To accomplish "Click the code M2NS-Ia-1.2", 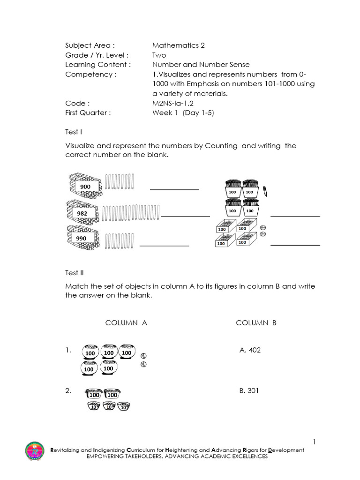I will pos(173,103).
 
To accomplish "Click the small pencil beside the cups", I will pos(265,191).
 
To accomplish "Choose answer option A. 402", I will pos(249,350).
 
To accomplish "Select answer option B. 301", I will pos(249,390).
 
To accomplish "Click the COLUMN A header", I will pos(126,323).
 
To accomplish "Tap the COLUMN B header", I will pos(256,323).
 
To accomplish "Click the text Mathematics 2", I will pos(178,45).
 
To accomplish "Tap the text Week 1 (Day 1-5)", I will pos(183,112).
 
